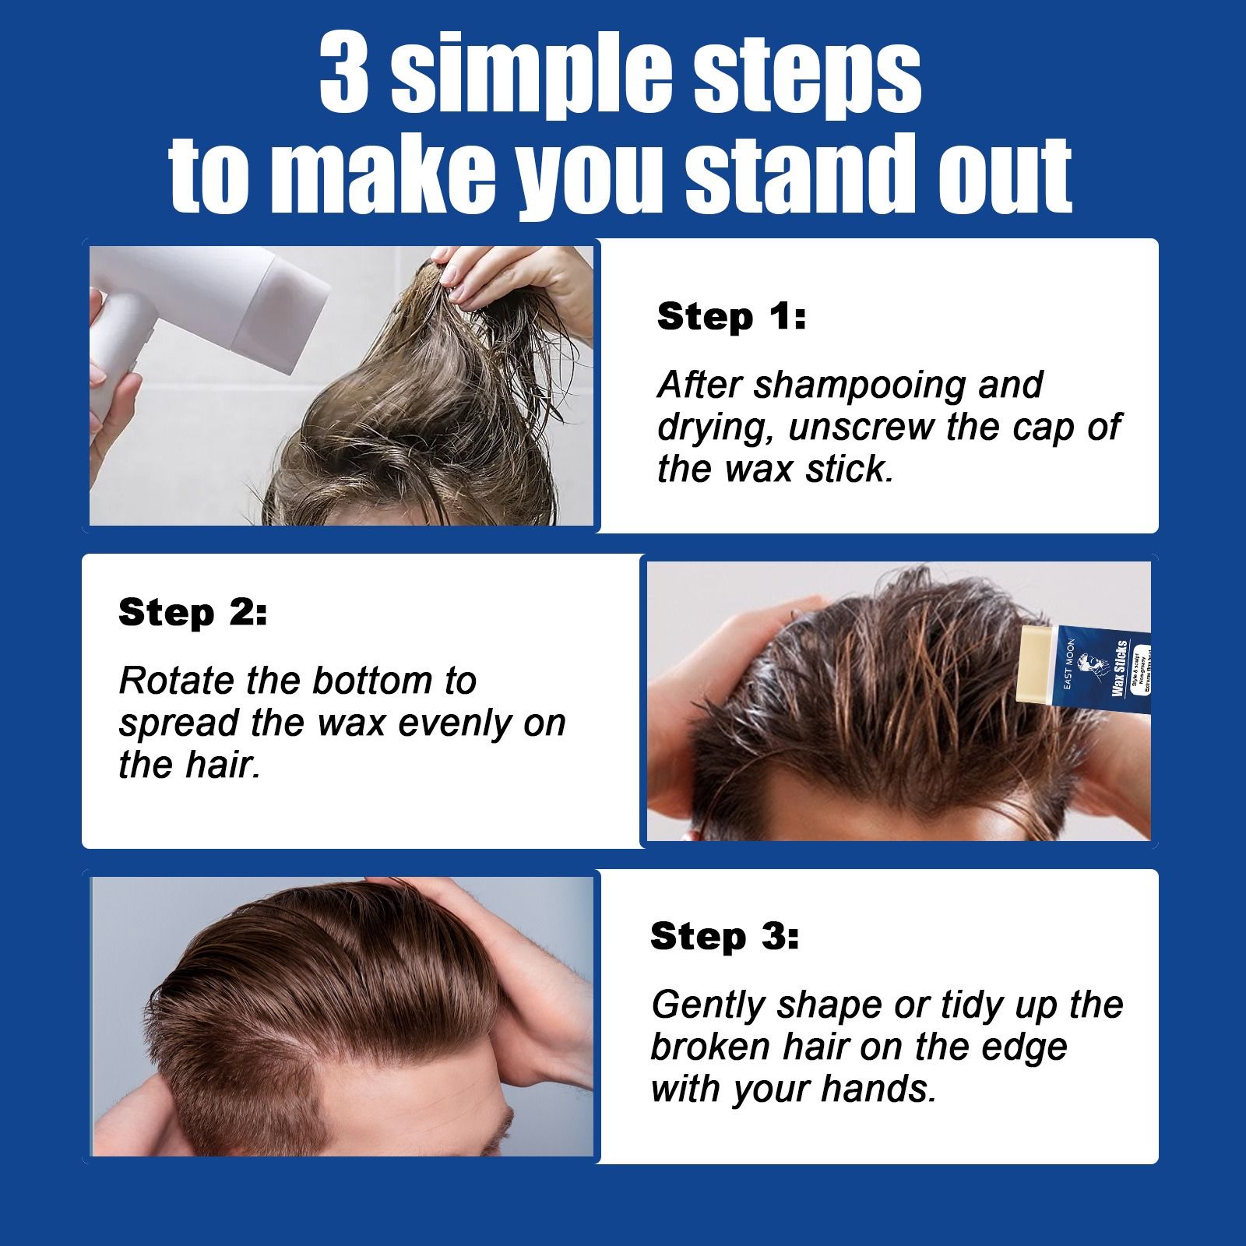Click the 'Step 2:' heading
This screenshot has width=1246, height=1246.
coord(192,613)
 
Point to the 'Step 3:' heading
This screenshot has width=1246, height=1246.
coord(724,936)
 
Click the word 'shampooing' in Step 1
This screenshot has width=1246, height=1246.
coord(860,385)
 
